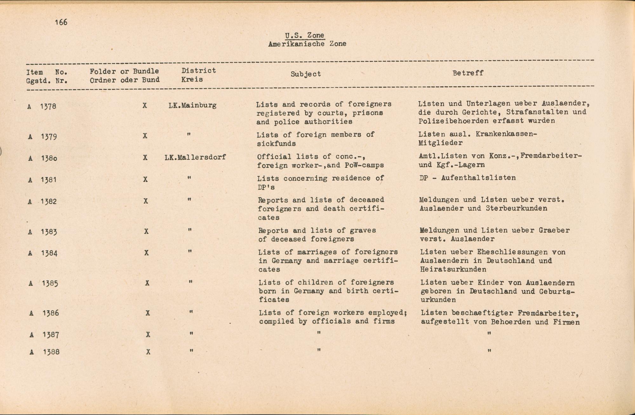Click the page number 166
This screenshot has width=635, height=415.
(61, 22)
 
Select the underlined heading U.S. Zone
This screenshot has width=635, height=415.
(304, 35)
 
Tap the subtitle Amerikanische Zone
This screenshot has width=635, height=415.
(307, 44)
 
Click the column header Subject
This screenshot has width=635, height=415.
(306, 74)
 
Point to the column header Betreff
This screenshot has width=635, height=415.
(468, 73)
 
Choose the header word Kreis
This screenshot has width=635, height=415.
(192, 79)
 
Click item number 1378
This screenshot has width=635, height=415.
(48, 106)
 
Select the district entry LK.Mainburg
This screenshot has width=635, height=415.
(192, 105)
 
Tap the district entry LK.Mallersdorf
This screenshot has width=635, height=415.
(195, 157)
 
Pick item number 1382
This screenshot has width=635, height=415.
(49, 201)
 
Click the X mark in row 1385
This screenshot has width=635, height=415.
(147, 283)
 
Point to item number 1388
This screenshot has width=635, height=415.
(51, 352)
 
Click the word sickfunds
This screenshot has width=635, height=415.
(276, 144)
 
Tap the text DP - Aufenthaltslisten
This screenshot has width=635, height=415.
(467, 178)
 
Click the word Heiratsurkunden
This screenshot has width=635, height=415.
(453, 270)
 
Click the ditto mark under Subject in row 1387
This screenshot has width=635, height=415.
(319, 332)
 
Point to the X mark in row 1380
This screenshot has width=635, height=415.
(145, 157)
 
